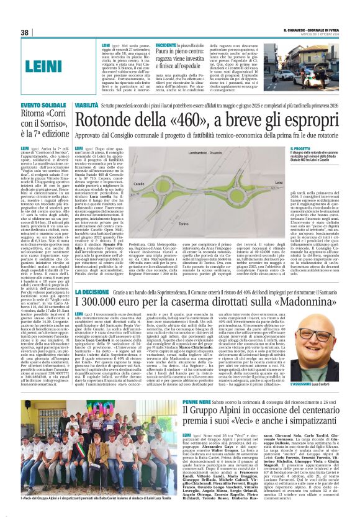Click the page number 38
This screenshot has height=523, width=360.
(x=25, y=32)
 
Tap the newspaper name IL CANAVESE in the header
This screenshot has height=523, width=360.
(x=299, y=30)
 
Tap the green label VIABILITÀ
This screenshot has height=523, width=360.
(x=87, y=107)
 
